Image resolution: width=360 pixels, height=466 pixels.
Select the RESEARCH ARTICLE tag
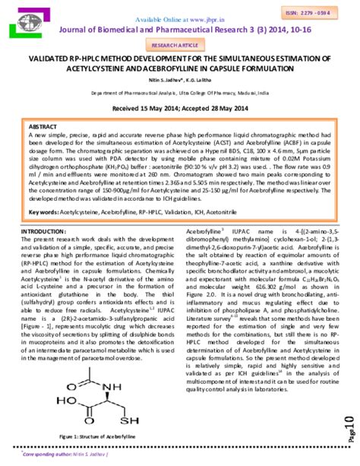tap(180, 45)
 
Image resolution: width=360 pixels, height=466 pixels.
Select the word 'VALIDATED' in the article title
tap(55, 57)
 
